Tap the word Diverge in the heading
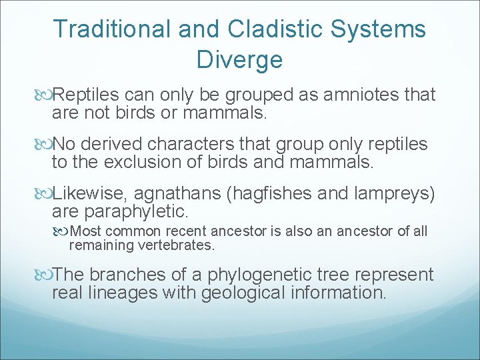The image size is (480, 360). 239,60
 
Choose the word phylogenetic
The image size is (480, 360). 272,275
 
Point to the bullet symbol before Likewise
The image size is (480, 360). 45,194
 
